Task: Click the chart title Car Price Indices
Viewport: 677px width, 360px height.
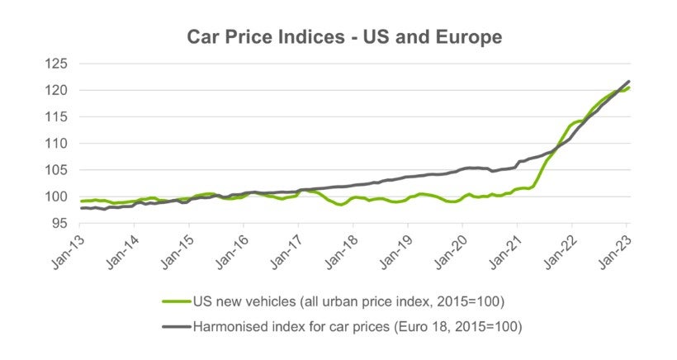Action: pos(343,37)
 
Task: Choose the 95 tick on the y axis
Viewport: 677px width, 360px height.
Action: pos(60,223)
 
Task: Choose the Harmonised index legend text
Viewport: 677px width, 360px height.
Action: pos(358,327)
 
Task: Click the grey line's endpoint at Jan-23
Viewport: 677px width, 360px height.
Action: pos(629,81)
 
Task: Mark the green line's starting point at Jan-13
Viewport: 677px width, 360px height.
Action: pos(81,201)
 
